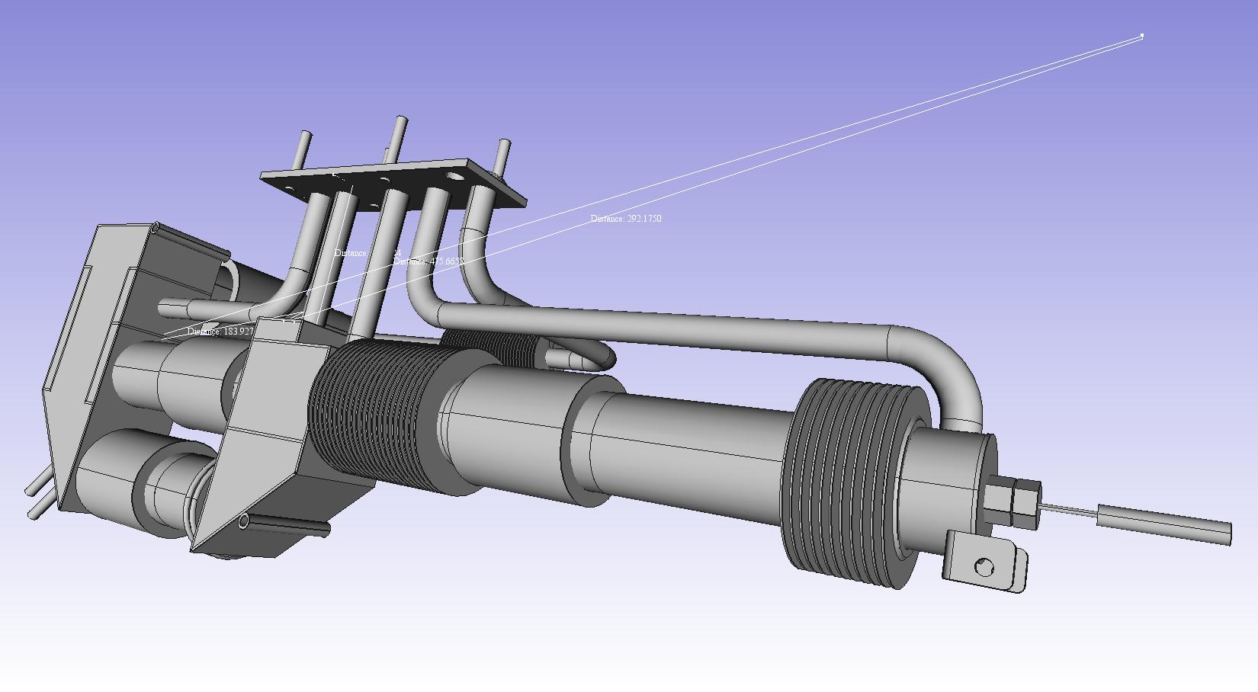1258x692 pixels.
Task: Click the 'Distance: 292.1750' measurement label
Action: click(x=626, y=219)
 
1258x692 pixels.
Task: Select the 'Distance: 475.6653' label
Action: click(x=428, y=261)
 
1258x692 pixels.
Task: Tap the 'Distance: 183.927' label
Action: click(x=220, y=332)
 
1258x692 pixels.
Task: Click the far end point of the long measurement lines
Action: click(x=1142, y=35)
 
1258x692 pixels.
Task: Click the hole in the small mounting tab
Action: click(x=984, y=567)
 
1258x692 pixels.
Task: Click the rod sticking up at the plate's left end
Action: click(x=303, y=149)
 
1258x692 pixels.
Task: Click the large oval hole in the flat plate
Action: click(x=456, y=177)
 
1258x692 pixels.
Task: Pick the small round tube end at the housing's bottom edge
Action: click(x=243, y=521)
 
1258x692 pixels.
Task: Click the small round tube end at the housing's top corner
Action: click(x=155, y=227)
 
